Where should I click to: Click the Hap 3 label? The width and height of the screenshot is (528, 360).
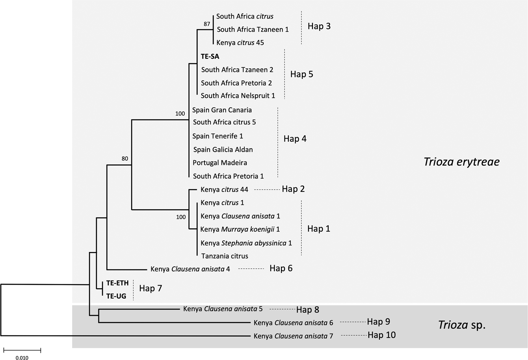point(319,26)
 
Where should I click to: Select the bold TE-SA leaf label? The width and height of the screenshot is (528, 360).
point(210,56)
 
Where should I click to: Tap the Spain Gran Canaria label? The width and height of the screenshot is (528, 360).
point(222,110)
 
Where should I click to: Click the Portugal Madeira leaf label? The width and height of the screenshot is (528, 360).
point(219,163)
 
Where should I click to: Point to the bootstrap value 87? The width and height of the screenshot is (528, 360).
point(207,24)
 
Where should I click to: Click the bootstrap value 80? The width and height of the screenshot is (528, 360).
point(125,159)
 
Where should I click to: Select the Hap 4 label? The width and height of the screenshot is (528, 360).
point(295,139)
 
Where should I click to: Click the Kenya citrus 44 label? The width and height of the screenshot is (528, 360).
point(224,189)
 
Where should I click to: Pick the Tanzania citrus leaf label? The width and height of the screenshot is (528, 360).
point(225,256)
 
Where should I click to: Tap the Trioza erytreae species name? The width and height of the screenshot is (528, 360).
point(461,161)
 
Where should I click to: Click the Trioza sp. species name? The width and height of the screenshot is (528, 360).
point(462,325)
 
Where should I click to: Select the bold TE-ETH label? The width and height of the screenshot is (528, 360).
point(117,283)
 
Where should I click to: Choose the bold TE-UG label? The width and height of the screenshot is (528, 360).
point(116,296)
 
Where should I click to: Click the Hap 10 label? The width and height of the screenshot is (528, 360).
point(381,335)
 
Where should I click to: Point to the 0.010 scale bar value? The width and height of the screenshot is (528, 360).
point(22,358)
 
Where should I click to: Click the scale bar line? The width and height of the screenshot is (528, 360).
point(22,349)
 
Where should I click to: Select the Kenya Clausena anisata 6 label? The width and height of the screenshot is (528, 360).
point(293,323)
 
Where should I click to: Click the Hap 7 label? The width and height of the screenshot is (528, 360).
point(151,288)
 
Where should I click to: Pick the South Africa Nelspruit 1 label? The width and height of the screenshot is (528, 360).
point(238,96)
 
